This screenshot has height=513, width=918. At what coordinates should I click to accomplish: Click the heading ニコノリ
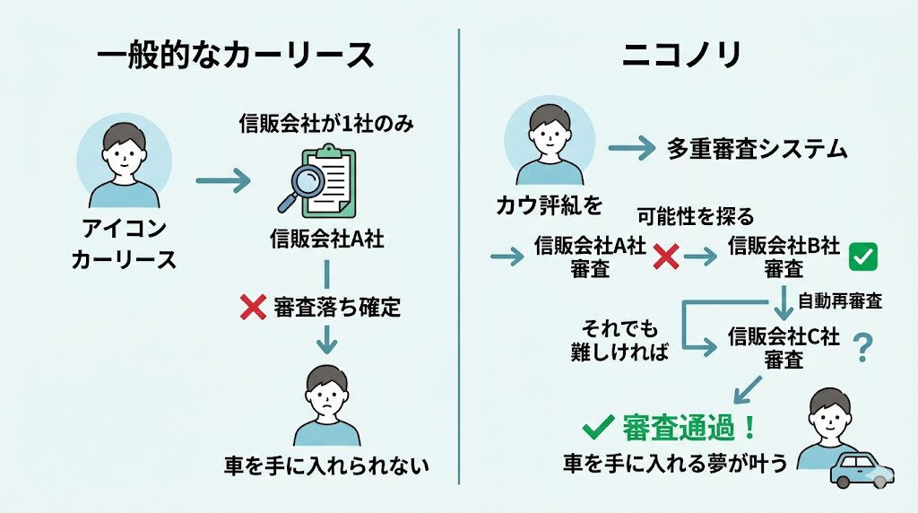pos(682,55)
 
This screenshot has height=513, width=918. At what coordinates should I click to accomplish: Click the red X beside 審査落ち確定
pos(254,309)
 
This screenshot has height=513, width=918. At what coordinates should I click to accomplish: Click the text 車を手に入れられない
pos(326,465)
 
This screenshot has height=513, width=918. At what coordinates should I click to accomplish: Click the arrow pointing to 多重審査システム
pos(632,149)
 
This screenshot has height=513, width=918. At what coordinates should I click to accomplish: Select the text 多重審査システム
pos(758,149)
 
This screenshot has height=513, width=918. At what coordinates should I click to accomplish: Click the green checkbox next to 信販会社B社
pos(862,257)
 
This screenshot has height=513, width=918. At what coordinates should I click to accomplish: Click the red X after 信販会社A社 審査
pos(666,257)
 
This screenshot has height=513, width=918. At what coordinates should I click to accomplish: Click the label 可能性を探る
pos(696,216)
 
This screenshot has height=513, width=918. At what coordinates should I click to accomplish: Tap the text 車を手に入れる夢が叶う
pos(674,463)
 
